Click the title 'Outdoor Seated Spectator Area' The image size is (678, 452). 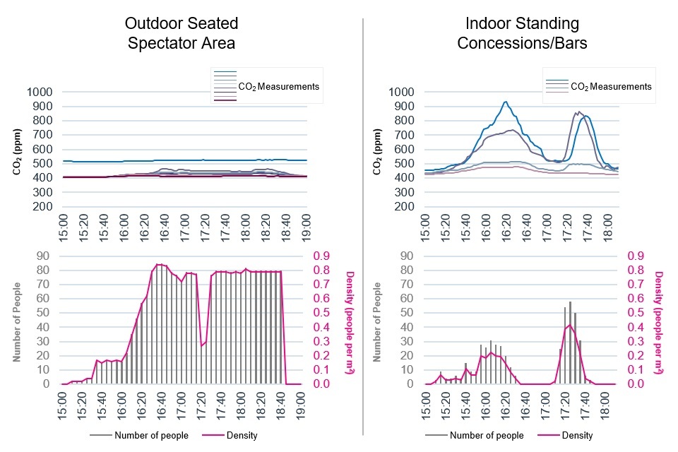pos(182,33)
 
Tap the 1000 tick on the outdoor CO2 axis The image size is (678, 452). pos(43,92)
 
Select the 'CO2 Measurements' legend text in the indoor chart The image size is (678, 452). pos(610,87)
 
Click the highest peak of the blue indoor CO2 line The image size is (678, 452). pos(505,102)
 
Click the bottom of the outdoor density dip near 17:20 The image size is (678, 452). pos(202,345)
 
